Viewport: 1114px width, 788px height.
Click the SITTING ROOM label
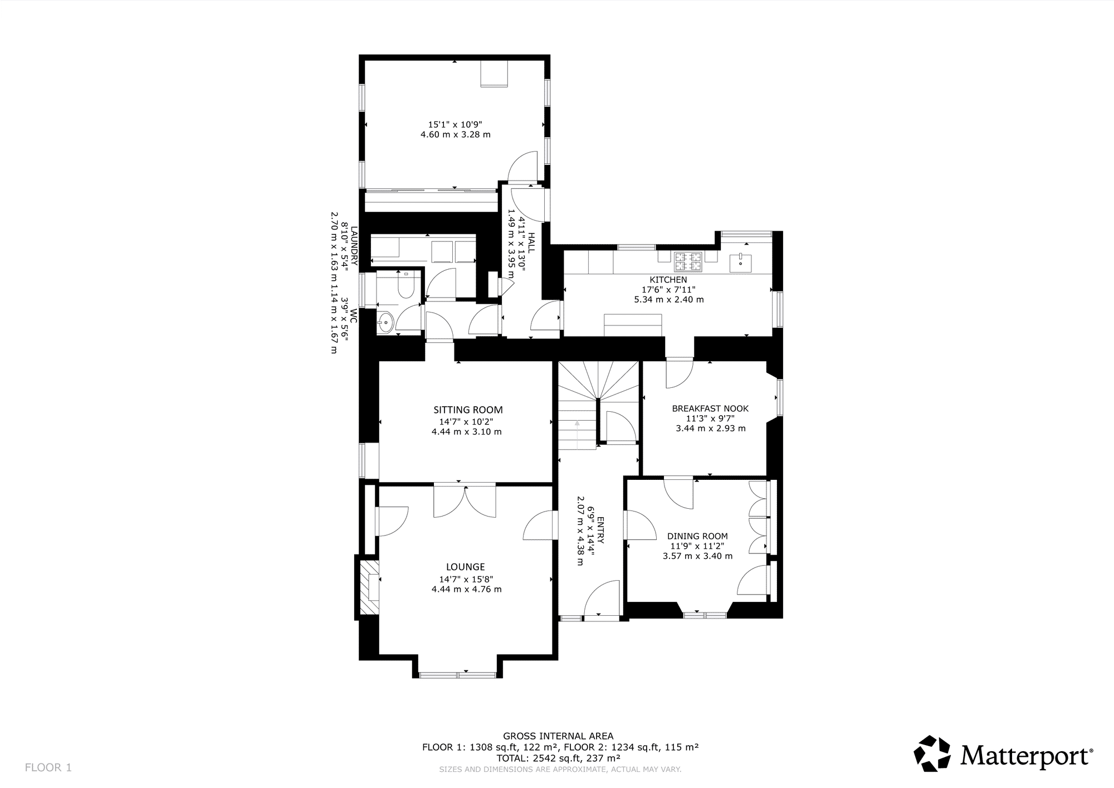point(468,410)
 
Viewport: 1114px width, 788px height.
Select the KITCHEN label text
point(668,280)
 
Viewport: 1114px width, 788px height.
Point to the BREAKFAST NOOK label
point(710,408)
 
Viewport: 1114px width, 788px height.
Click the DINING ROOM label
point(697,536)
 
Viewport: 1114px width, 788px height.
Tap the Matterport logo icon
point(932,753)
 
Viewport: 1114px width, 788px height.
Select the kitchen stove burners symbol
point(688,261)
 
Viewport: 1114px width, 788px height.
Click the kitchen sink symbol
point(741,262)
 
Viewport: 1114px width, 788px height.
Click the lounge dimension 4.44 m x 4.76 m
point(467,589)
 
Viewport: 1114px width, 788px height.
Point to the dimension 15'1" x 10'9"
point(455,124)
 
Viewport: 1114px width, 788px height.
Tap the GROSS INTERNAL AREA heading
point(558,736)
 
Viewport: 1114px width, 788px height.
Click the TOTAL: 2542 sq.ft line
point(559,758)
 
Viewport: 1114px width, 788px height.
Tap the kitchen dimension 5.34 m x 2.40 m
point(669,299)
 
